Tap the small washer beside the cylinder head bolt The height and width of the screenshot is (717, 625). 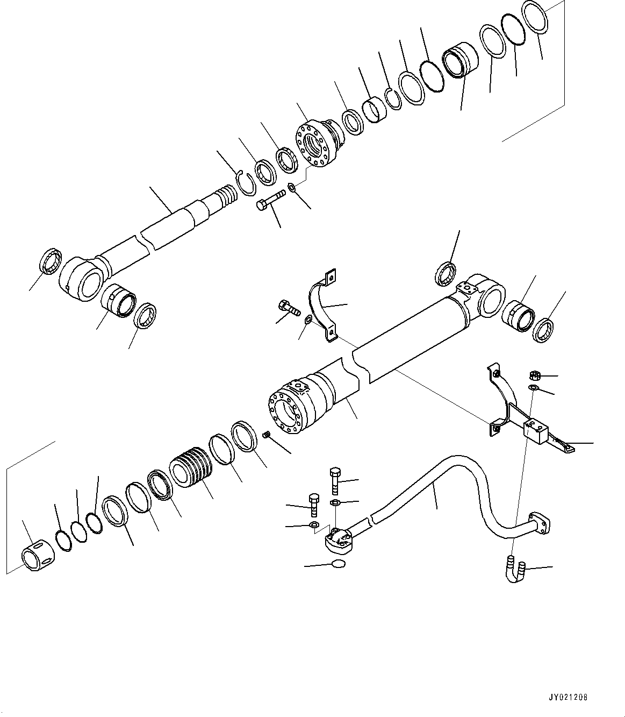pyautogui.click(x=291, y=187)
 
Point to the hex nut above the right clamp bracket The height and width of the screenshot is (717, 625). pyautogui.click(x=535, y=374)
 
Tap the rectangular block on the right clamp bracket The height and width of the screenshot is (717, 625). pyautogui.click(x=536, y=432)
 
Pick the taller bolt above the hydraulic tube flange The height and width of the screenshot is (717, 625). pyautogui.click(x=333, y=480)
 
